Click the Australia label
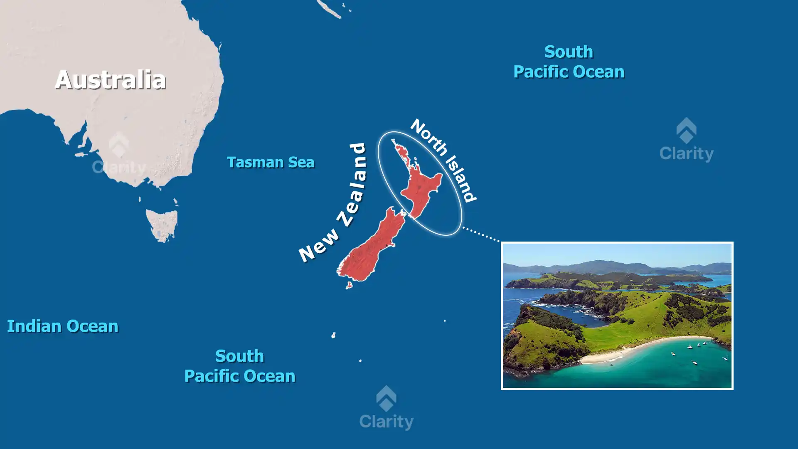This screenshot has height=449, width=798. (x=111, y=80)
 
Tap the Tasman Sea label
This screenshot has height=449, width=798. (x=270, y=162)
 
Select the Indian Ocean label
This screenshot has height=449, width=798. (x=63, y=326)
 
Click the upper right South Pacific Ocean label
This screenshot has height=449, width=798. (x=569, y=62)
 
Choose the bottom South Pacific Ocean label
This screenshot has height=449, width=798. (x=240, y=366)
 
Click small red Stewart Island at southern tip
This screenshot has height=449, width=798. (x=349, y=285)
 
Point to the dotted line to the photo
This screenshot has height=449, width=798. (x=481, y=234)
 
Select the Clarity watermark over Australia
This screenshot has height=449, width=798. (x=119, y=154)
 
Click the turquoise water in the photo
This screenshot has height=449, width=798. (x=665, y=370)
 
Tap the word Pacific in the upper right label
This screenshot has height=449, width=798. (x=540, y=72)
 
